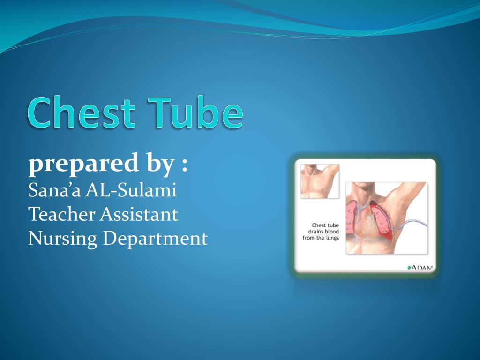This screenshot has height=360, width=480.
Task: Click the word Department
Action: point(155,239)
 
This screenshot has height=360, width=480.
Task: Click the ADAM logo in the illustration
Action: point(420,268)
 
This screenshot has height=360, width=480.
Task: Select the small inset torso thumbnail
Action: point(319,181)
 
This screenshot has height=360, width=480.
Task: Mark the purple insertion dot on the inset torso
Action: point(327,188)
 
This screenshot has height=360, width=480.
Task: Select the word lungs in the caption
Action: point(331,238)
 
